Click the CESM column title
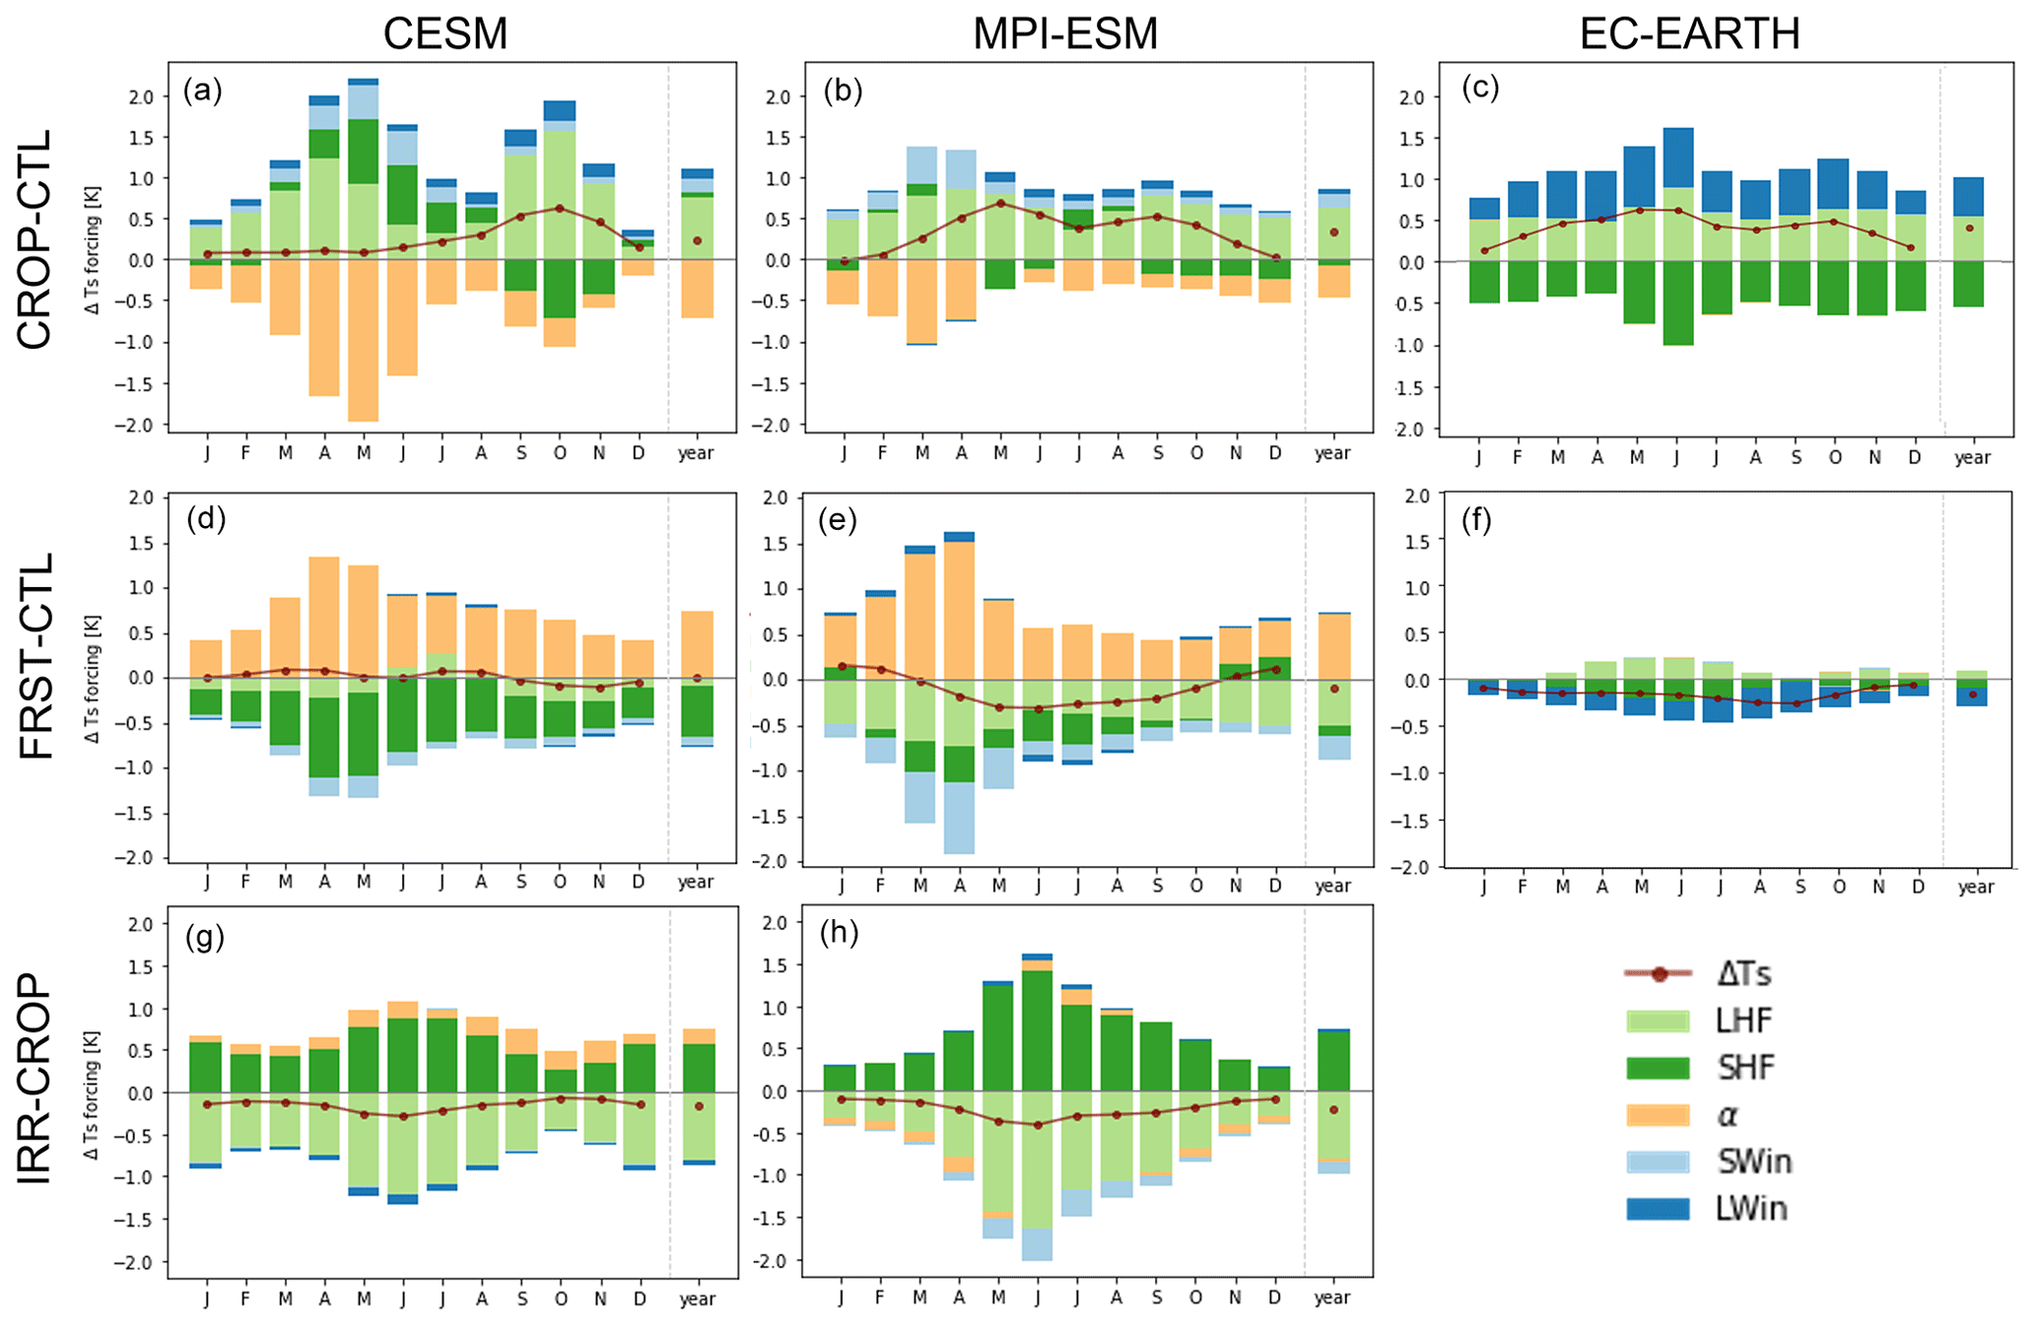pos(444,33)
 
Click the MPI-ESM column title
pos(1065,33)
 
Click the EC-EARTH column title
pos(1689,33)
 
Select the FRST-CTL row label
pos(34,655)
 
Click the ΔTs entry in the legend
pos(1743,974)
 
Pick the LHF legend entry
pos(1743,1021)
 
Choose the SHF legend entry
pos(1744,1067)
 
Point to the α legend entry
pos(1727,1114)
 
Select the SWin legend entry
pos(1753,1162)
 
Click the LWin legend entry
pos(1750,1209)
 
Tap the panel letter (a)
pos(202,91)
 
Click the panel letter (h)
pos(839,932)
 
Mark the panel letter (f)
pos(1475,520)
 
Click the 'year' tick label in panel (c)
pos(1972,458)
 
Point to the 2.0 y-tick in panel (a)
pos(141,97)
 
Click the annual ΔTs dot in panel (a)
pos(697,240)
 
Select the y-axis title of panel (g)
pos(94,1093)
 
